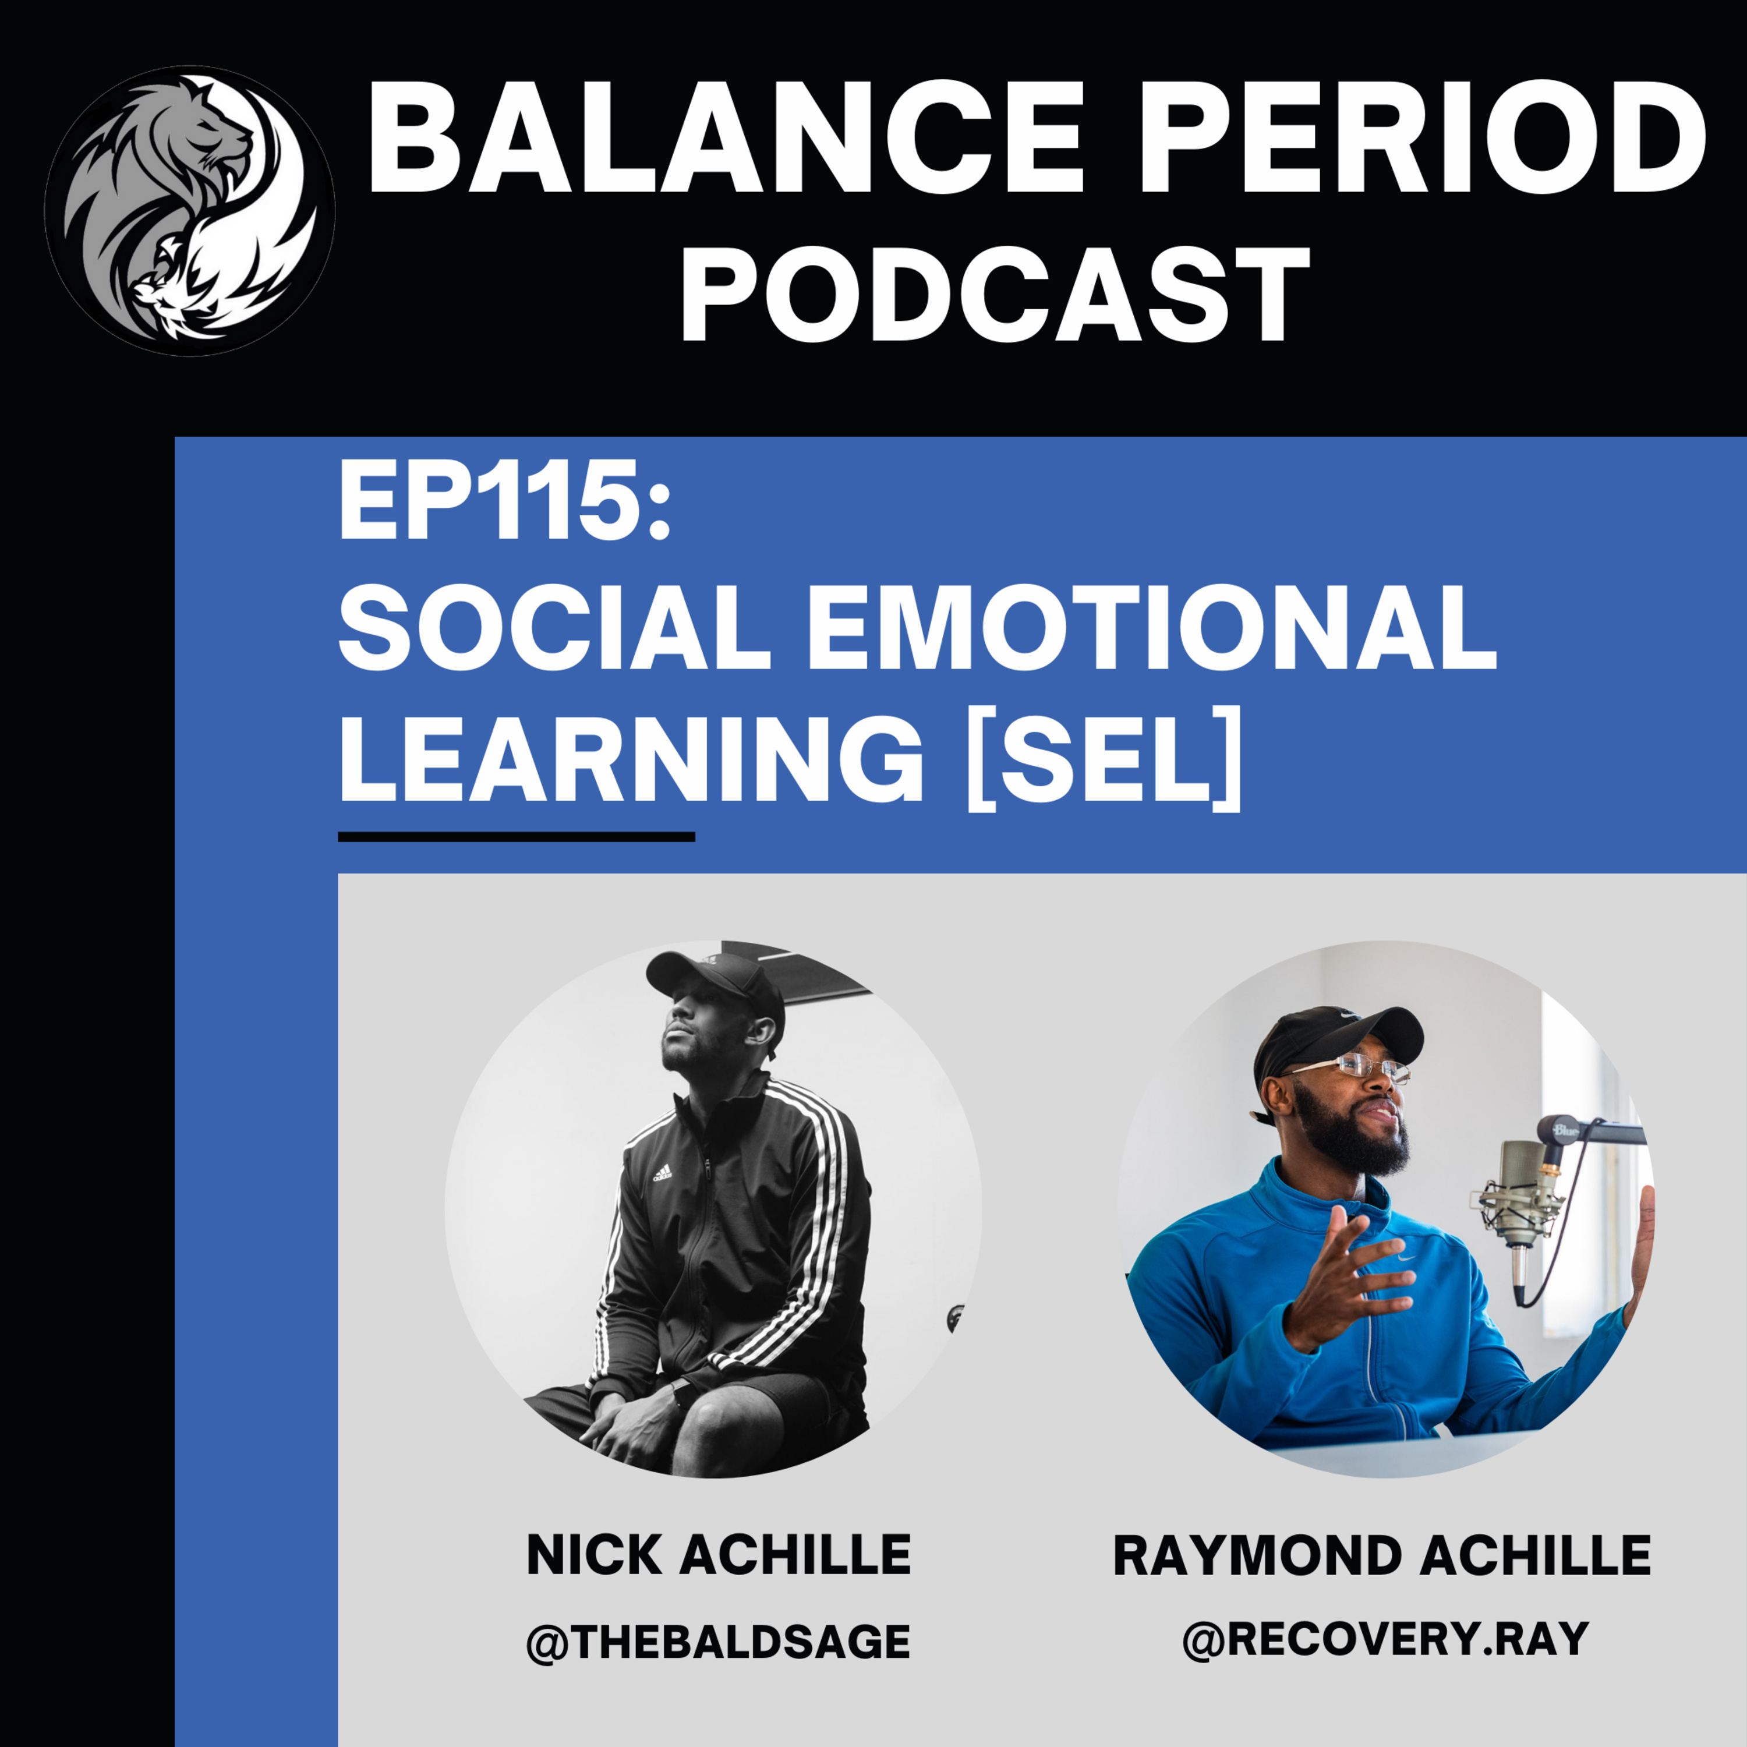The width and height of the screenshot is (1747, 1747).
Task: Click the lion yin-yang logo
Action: point(190,210)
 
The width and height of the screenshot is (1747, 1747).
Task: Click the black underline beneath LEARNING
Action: point(517,836)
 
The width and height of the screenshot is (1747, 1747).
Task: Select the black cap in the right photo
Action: point(1334,1040)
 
